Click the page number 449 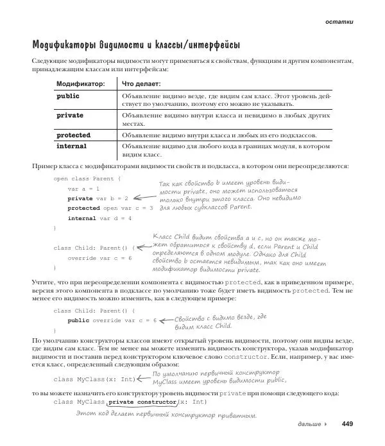pos(347,424)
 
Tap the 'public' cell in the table pos(68,96)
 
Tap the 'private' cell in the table pos(70,116)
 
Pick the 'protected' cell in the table pos(74,135)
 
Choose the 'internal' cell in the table pos(72,146)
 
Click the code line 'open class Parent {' pos(87,178)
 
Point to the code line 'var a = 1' pos(83,189)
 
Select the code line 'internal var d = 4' pos(99,218)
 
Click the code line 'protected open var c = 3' pos(110,209)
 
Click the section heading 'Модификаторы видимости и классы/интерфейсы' pos(136,45)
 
